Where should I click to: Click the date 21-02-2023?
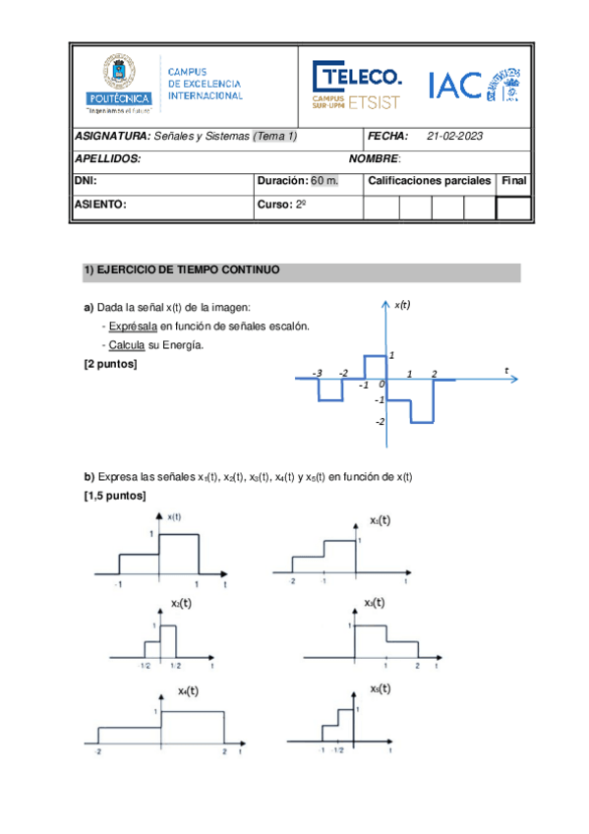click(455, 137)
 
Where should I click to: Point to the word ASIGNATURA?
click(112, 137)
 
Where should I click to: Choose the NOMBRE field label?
click(375, 158)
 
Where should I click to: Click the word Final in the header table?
click(513, 181)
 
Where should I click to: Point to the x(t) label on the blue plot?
click(402, 306)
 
